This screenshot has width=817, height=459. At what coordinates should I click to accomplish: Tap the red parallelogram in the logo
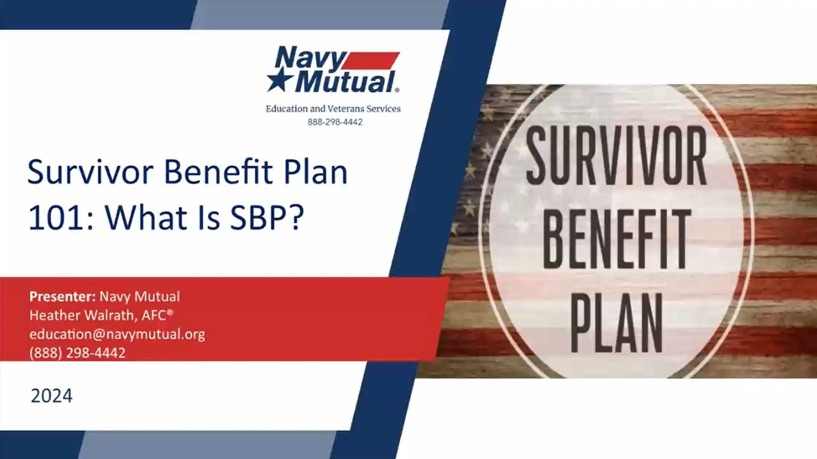[371, 61]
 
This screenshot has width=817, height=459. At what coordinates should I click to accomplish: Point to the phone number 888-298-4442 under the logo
[335, 122]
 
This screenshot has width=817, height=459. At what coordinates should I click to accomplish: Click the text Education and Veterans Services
[333, 108]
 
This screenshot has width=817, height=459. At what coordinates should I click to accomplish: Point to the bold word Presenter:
[63, 296]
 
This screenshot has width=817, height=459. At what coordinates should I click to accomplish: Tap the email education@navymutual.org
[117, 335]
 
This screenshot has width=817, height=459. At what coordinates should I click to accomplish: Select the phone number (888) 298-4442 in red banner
[77, 353]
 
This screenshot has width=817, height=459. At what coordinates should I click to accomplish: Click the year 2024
[52, 396]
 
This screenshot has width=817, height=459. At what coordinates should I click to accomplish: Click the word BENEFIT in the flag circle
[616, 239]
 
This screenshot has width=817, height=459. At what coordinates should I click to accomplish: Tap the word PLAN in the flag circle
[617, 323]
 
